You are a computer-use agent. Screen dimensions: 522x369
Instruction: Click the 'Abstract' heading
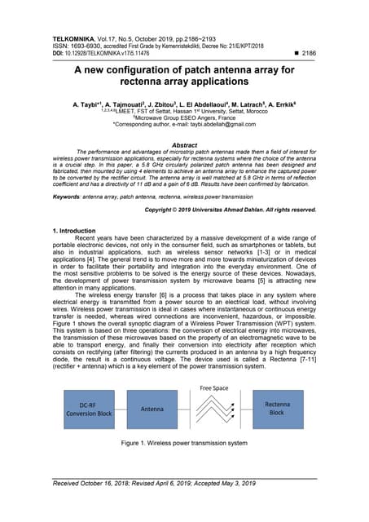pyautogui.click(x=184, y=145)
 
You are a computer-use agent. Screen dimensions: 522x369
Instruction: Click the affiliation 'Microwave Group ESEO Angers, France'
pyautogui.click(x=184, y=118)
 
